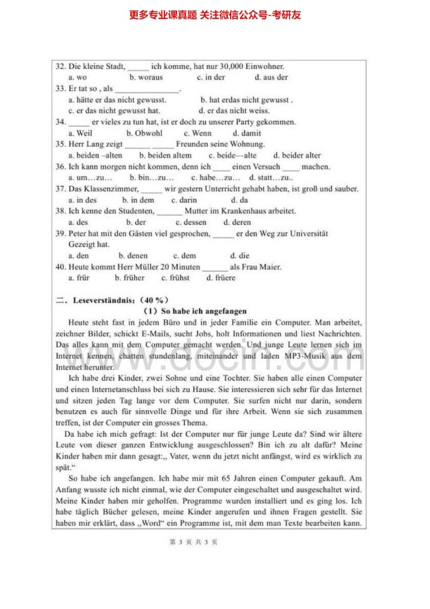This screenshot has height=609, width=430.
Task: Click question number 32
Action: (61, 67)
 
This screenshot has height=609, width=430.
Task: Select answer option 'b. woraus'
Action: (146, 78)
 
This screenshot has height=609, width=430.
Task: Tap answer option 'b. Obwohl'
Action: (144, 133)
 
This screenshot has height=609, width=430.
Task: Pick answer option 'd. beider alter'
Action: (297, 155)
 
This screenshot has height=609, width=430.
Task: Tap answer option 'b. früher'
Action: (130, 278)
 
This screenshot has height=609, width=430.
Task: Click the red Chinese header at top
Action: (214, 15)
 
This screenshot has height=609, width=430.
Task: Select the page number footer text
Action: (193, 542)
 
